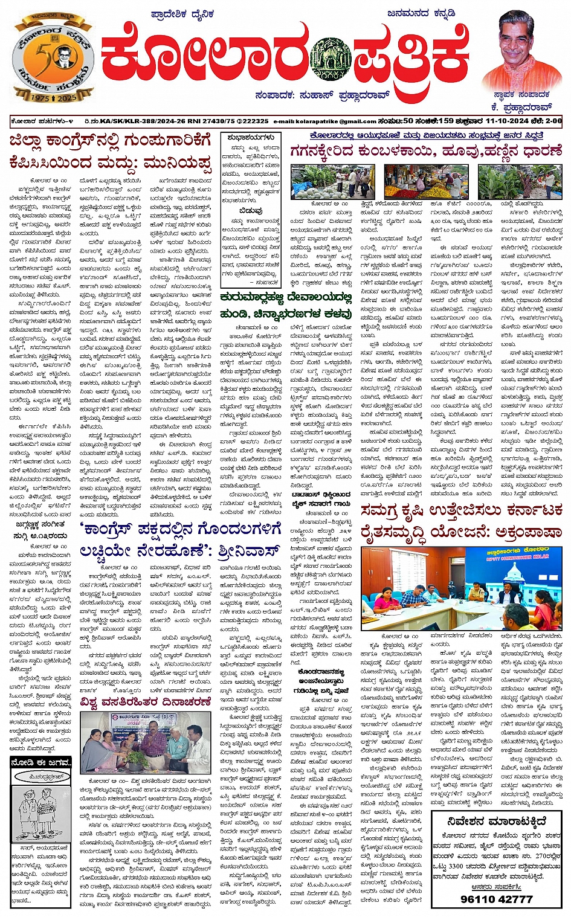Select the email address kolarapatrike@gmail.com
coord(325,121)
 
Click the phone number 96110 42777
coord(497,898)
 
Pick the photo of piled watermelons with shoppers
coord(323,181)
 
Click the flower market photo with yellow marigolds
coord(417,181)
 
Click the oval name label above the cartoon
coord(40,776)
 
